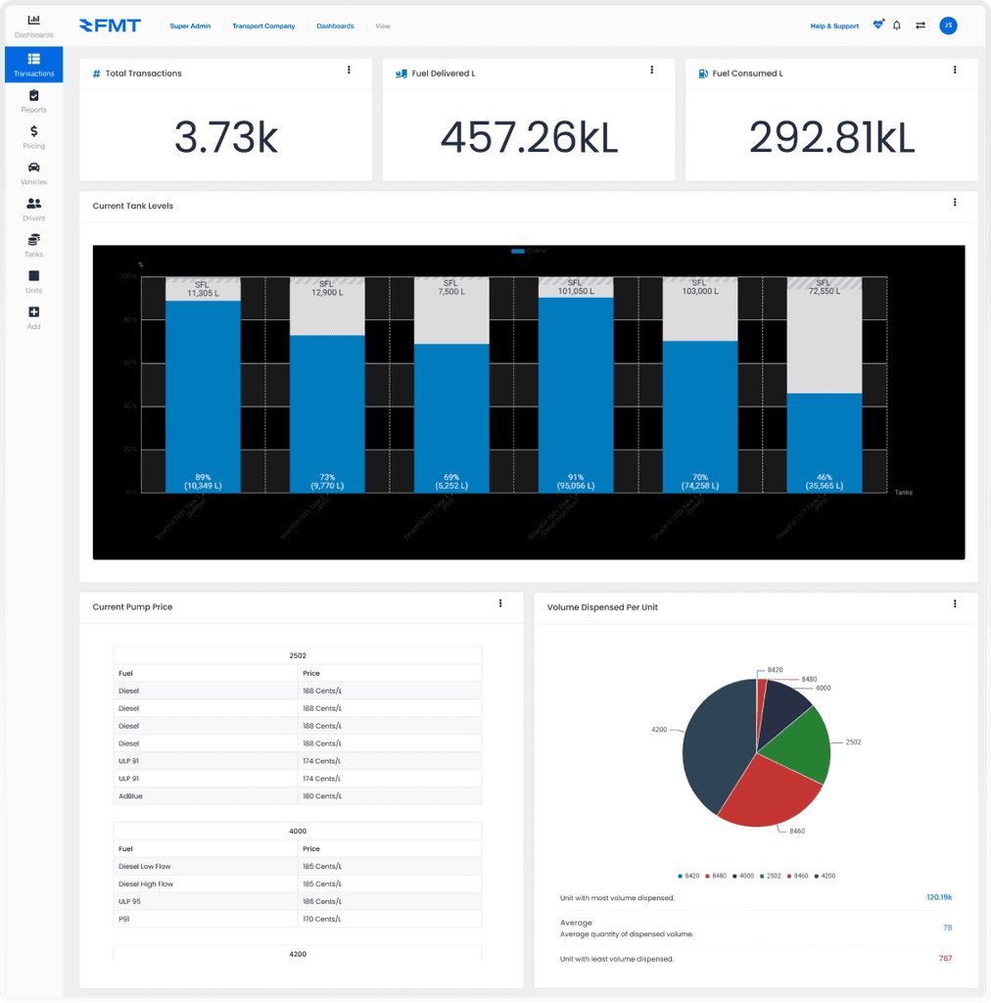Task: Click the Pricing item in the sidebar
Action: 33,137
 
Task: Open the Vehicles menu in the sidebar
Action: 33,173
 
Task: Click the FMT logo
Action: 110,25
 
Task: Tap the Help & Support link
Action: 834,26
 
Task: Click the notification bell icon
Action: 897,25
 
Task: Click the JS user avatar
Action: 948,25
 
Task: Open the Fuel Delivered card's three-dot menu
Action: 652,71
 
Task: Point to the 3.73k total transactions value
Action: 226,138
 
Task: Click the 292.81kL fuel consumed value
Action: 831,138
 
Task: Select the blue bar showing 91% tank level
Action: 576,392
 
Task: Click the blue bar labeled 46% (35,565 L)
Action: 824,441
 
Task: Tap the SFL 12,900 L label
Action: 327,288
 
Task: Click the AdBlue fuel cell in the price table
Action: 130,796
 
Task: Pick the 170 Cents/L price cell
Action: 322,920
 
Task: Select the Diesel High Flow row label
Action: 146,884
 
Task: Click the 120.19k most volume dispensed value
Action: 938,897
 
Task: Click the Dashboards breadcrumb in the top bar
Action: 335,26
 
